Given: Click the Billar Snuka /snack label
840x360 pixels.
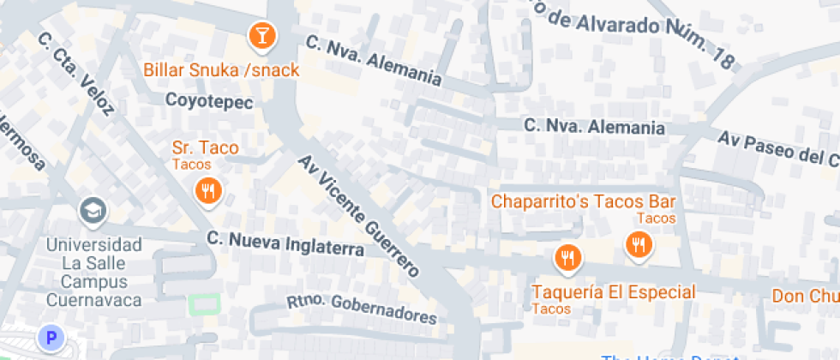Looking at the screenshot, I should [222, 70].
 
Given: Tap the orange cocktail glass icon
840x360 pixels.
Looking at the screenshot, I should [261, 36].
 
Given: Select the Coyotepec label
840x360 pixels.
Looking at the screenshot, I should [209, 101].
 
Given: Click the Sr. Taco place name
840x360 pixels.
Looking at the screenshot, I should [205, 148].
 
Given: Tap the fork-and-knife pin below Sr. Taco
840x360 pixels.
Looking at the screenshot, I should [207, 191].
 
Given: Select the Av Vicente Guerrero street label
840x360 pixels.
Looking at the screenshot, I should [359, 216].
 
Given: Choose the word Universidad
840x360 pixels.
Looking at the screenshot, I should [93, 244].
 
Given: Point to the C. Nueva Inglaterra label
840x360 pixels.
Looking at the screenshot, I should [285, 243].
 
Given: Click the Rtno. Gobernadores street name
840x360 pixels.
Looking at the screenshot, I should [361, 307].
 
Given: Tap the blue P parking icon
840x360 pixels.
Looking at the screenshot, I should [51, 339].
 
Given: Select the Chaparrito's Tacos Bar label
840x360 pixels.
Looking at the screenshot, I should [583, 202].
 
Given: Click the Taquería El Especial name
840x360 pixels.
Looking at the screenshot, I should [613, 292].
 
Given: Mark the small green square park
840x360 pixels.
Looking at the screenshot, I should [203, 304].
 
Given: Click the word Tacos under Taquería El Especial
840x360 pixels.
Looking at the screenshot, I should [551, 309].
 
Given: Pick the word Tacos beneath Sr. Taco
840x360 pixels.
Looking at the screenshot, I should [191, 164].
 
